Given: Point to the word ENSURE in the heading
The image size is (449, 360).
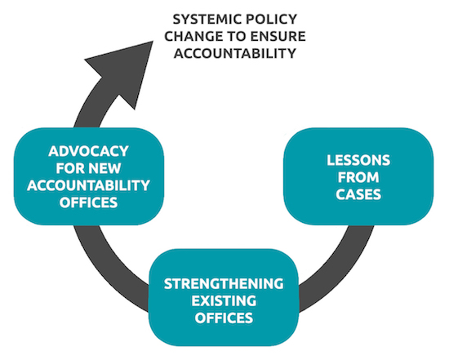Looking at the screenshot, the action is click(x=278, y=37).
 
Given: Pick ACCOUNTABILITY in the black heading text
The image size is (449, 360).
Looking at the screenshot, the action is click(x=235, y=53).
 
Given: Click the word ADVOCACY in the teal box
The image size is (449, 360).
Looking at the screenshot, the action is click(x=88, y=151).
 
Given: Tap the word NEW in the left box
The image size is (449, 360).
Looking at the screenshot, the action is click(x=104, y=168).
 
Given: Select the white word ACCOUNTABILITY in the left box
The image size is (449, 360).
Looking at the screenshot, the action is click(x=88, y=185).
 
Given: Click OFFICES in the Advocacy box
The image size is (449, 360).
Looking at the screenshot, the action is click(x=88, y=202).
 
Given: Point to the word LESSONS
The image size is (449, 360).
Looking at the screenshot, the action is click(x=358, y=160).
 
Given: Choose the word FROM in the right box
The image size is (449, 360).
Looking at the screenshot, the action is click(x=358, y=177).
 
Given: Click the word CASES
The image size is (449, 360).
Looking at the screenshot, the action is click(x=358, y=194).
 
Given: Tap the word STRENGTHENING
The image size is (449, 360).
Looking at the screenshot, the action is click(x=224, y=284).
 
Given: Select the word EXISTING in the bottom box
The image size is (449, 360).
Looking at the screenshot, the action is click(x=224, y=300).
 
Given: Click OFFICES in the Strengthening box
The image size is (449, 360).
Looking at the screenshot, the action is click(x=224, y=318).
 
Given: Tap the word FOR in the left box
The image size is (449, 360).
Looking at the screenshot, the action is click(x=70, y=168).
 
